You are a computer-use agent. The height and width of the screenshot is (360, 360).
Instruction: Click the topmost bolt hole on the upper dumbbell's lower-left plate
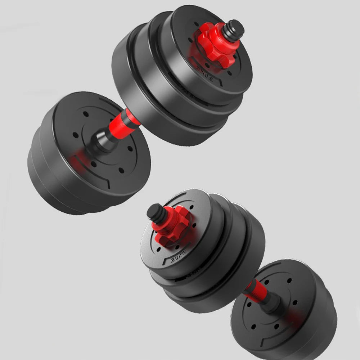click(85, 114)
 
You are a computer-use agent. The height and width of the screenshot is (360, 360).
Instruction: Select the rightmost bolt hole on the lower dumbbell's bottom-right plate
click(295, 302)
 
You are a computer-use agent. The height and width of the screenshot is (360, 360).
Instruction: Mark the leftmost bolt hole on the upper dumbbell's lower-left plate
click(75, 135)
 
